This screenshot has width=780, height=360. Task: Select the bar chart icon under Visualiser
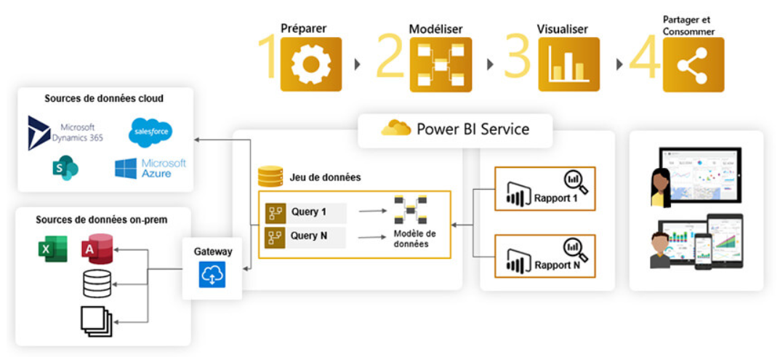pyautogui.click(x=568, y=65)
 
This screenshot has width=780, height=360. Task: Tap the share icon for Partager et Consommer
pyautogui.click(x=693, y=65)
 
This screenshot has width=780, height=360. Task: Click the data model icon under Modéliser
pyautogui.click(x=441, y=65)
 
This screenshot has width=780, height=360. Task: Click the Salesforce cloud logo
pyautogui.click(x=150, y=132)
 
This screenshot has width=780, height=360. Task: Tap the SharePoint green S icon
pyautogui.click(x=65, y=169)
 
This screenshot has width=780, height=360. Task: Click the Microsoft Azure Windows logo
pyautogui.click(x=126, y=169)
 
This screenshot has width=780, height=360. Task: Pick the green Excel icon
pyautogui.click(x=54, y=249)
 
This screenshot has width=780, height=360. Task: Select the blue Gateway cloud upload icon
pyautogui.click(x=212, y=275)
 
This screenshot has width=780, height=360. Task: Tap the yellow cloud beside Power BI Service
pyautogui.click(x=396, y=129)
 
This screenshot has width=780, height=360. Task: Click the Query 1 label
pyautogui.click(x=309, y=212)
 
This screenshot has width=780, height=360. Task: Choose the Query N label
pyautogui.click(x=309, y=236)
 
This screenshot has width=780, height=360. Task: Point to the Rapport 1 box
pyautogui.click(x=544, y=189)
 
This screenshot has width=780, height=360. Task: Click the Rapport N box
pyautogui.click(x=544, y=256)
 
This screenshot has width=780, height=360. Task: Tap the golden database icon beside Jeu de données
pyautogui.click(x=270, y=177)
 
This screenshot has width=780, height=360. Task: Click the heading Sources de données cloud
pyautogui.click(x=104, y=99)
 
